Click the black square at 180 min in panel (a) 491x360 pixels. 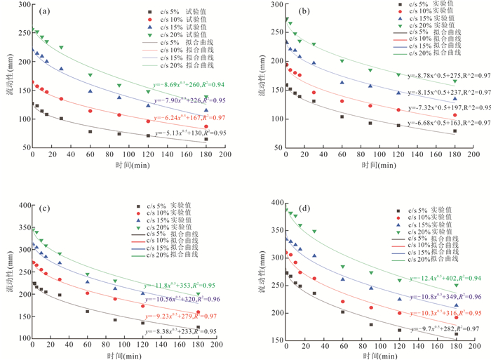(206, 139)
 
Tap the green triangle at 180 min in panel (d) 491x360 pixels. (456, 285)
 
